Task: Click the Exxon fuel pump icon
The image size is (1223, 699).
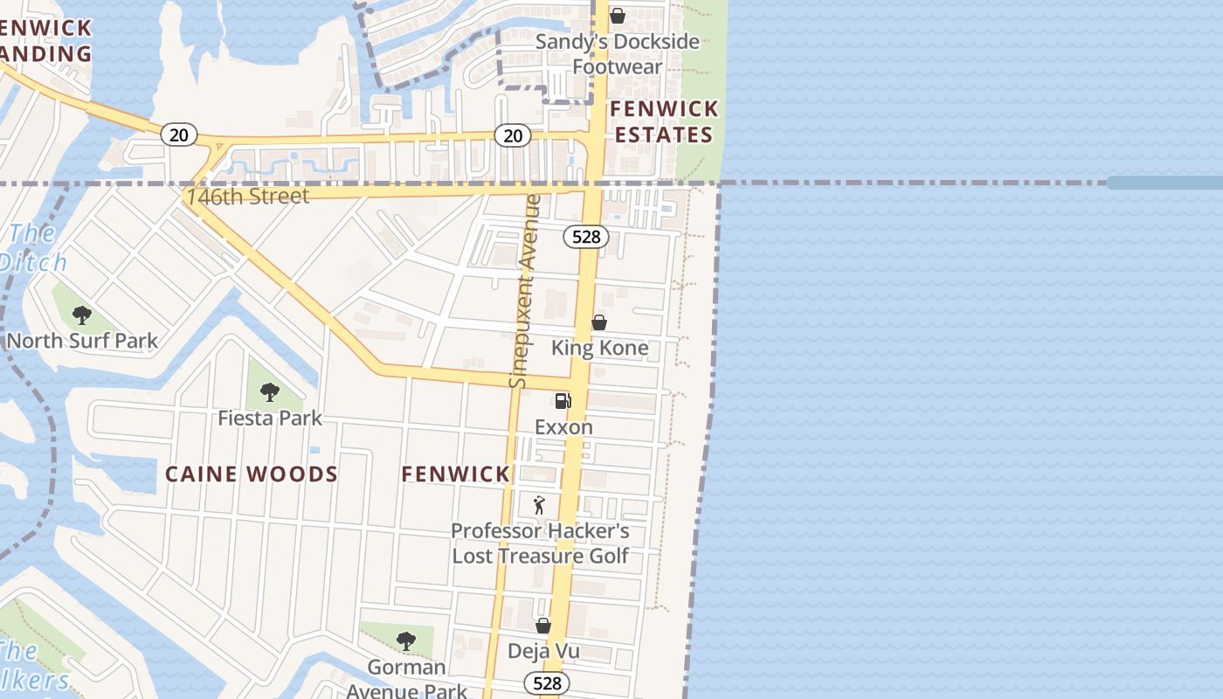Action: coord(563,401)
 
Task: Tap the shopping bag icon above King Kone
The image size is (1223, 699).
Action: coord(599,322)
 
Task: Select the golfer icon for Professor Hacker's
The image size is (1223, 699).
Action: coord(539,505)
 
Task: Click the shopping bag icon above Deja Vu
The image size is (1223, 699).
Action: coord(543,626)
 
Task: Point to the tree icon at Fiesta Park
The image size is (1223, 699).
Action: coord(270,392)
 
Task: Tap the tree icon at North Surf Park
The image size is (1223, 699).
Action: coord(82,315)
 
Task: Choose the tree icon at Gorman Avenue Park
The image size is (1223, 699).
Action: coord(405,641)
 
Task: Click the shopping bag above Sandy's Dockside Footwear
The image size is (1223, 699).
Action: coord(618,16)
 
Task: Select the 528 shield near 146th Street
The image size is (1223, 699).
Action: coord(585,236)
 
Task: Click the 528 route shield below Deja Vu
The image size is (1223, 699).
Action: coord(547,682)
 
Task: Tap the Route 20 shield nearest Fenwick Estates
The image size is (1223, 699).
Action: coord(513,135)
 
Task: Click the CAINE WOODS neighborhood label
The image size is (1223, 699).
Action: coord(252,474)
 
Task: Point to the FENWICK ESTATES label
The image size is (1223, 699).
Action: coord(664,121)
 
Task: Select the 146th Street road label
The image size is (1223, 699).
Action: coord(248,196)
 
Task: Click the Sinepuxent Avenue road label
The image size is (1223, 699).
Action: coord(522,292)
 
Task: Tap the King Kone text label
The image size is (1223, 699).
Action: coord(599,348)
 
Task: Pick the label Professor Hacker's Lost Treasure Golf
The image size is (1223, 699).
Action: coord(540,543)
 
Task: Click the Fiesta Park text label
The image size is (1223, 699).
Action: coord(270,418)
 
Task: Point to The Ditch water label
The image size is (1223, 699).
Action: coord(33,247)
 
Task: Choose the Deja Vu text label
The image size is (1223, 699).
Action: coord(543,651)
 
